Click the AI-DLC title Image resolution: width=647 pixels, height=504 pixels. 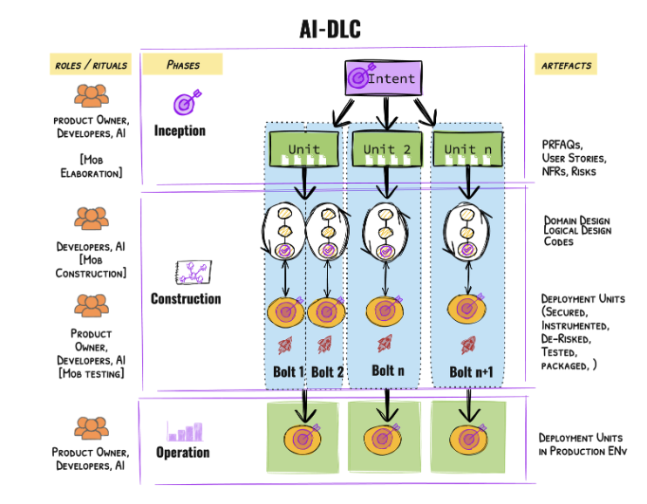click(x=330, y=30)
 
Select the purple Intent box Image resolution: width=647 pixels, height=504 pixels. click(x=384, y=78)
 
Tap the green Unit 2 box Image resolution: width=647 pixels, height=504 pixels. click(x=386, y=149)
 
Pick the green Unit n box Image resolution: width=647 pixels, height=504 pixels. click(x=467, y=149)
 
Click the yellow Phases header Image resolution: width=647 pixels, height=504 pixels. click(x=182, y=65)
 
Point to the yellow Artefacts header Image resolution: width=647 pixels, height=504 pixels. click(x=566, y=65)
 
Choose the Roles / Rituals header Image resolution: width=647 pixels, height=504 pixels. click(x=91, y=65)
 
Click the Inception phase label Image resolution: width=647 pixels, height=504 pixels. click(x=180, y=131)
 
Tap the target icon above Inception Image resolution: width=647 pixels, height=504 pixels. click(x=187, y=101)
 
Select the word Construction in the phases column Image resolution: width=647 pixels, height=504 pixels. click(x=186, y=299)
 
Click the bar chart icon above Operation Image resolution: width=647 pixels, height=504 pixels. click(x=185, y=432)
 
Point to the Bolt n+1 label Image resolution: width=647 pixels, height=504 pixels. click(x=471, y=372)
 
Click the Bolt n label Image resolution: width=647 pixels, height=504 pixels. click(x=388, y=371)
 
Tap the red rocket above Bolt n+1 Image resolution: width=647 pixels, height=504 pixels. click(x=468, y=345)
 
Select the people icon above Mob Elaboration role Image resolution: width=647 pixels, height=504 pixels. click(x=92, y=96)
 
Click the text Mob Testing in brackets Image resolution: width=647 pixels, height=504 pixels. click(x=92, y=374)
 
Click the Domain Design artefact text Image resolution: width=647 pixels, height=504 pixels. click(x=577, y=221)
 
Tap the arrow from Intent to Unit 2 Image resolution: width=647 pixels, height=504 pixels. click(x=386, y=113)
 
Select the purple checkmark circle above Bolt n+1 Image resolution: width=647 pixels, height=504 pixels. click(x=467, y=249)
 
